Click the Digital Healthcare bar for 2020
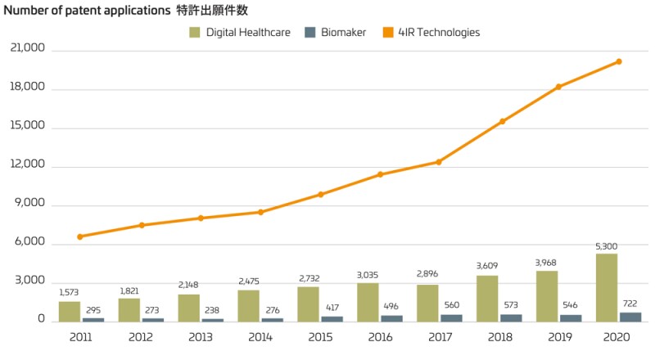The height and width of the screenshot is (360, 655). (x=607, y=287)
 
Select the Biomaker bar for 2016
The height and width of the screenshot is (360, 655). (x=391, y=317)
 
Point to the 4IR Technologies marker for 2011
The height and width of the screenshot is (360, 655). (x=80, y=236)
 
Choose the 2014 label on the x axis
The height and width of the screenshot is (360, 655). (x=260, y=336)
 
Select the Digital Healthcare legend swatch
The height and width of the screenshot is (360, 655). (x=195, y=33)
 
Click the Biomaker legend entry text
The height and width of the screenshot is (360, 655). (x=343, y=33)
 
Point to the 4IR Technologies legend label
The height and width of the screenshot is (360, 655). (x=439, y=33)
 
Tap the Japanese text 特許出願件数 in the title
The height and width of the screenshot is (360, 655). (x=212, y=11)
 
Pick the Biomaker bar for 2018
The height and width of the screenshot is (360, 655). (x=511, y=317)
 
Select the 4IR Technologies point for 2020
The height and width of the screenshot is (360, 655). (x=619, y=61)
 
